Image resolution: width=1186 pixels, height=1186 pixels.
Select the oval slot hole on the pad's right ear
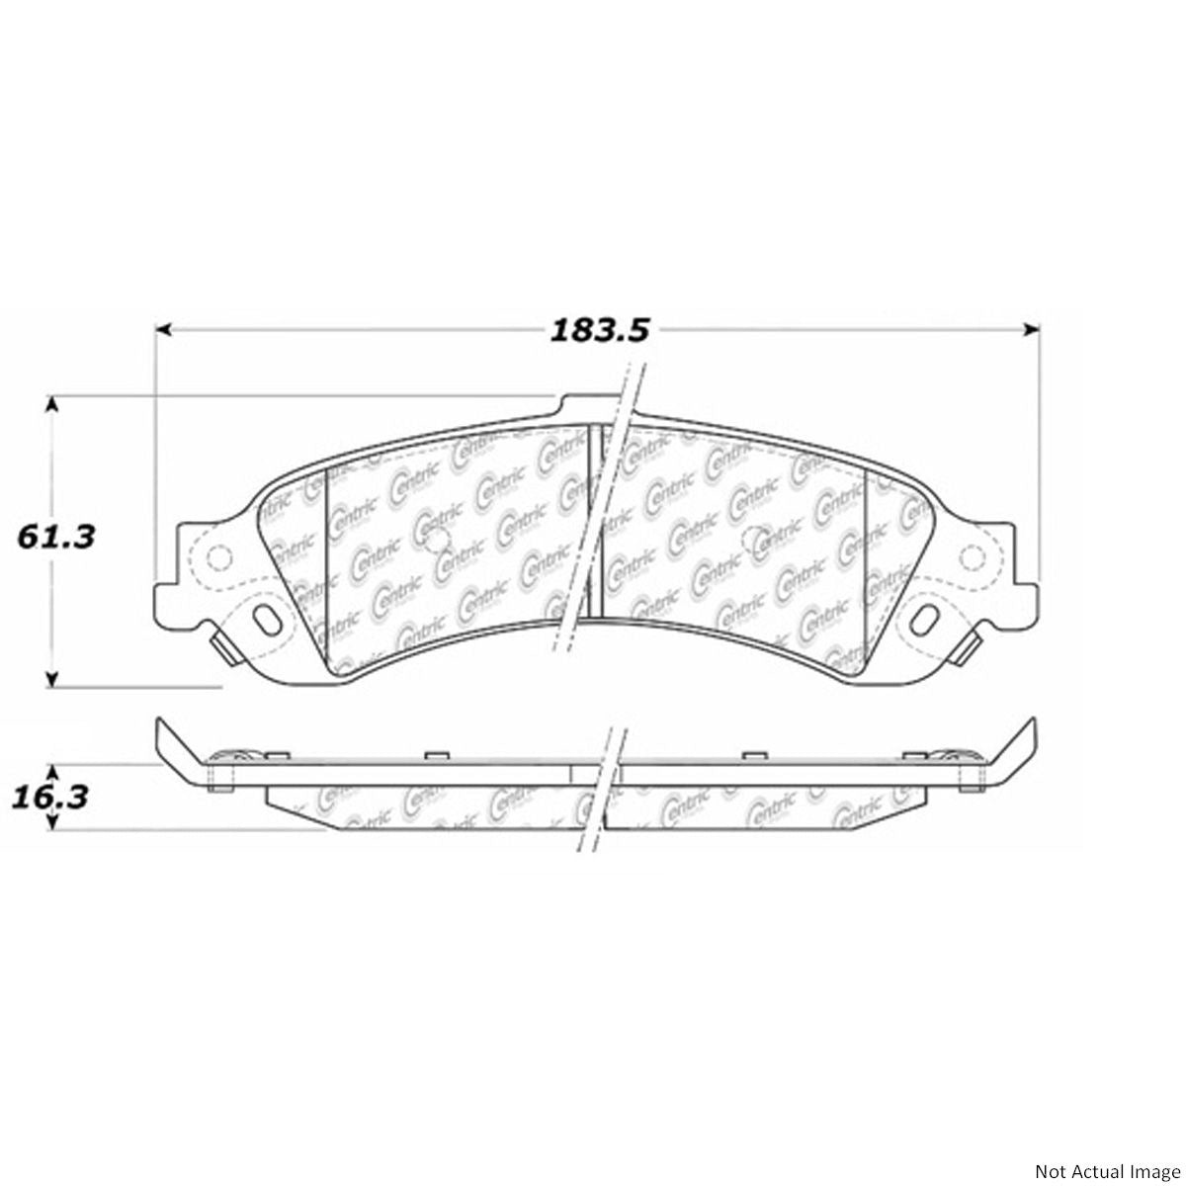point(929,620)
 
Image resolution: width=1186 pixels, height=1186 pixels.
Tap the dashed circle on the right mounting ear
point(981,559)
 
